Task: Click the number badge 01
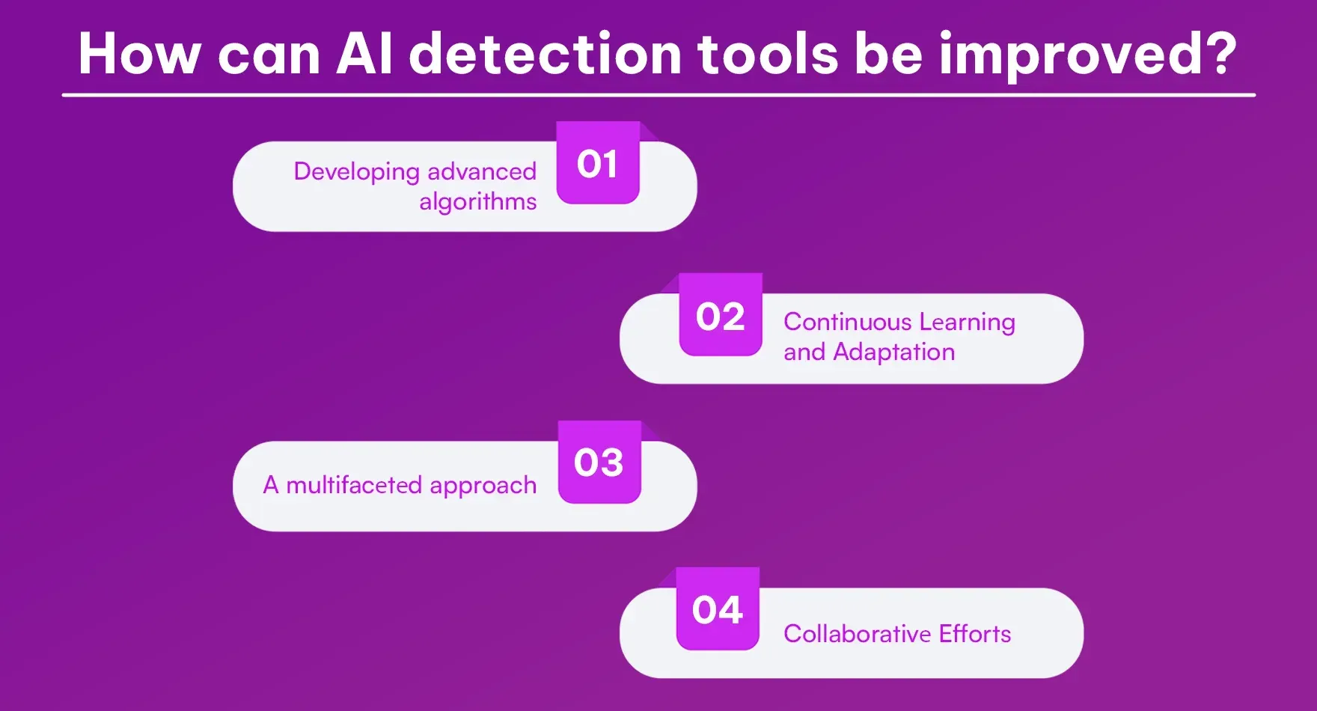(x=597, y=163)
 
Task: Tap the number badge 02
(x=720, y=316)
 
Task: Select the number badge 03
(x=599, y=463)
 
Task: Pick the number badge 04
(x=717, y=609)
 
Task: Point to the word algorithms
(x=477, y=202)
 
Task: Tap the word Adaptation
(x=893, y=352)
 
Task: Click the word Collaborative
(x=857, y=634)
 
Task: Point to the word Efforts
(x=974, y=634)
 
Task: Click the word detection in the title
(x=545, y=54)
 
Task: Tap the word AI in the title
(x=364, y=54)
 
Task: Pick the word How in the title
(x=139, y=54)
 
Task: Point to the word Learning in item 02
(x=967, y=322)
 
